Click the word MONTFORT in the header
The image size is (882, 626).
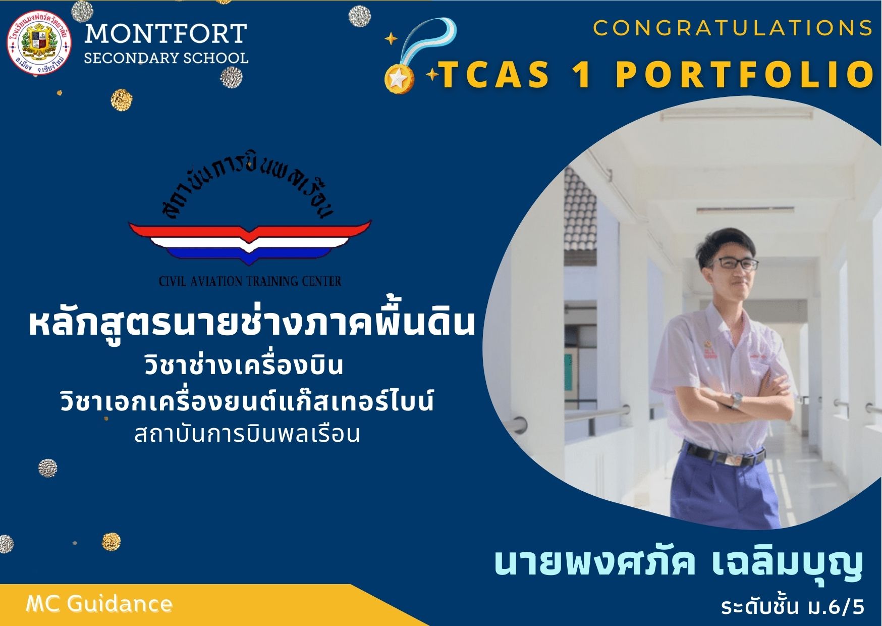pyautogui.click(x=166, y=34)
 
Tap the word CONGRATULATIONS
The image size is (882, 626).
pyautogui.click(x=733, y=28)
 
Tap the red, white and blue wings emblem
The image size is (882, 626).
pyautogui.click(x=250, y=242)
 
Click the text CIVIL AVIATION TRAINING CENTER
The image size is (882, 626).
pyautogui.click(x=250, y=281)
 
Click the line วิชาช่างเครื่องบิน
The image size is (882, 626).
pyautogui.click(x=244, y=364)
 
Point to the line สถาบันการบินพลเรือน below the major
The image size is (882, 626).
pyautogui.click(x=247, y=434)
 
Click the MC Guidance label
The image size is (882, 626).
pyautogui.click(x=99, y=604)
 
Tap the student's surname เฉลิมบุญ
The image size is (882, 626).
pyautogui.click(x=787, y=564)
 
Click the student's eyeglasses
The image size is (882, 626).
pyautogui.click(x=737, y=263)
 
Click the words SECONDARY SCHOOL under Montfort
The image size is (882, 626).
pyautogui.click(x=166, y=59)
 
